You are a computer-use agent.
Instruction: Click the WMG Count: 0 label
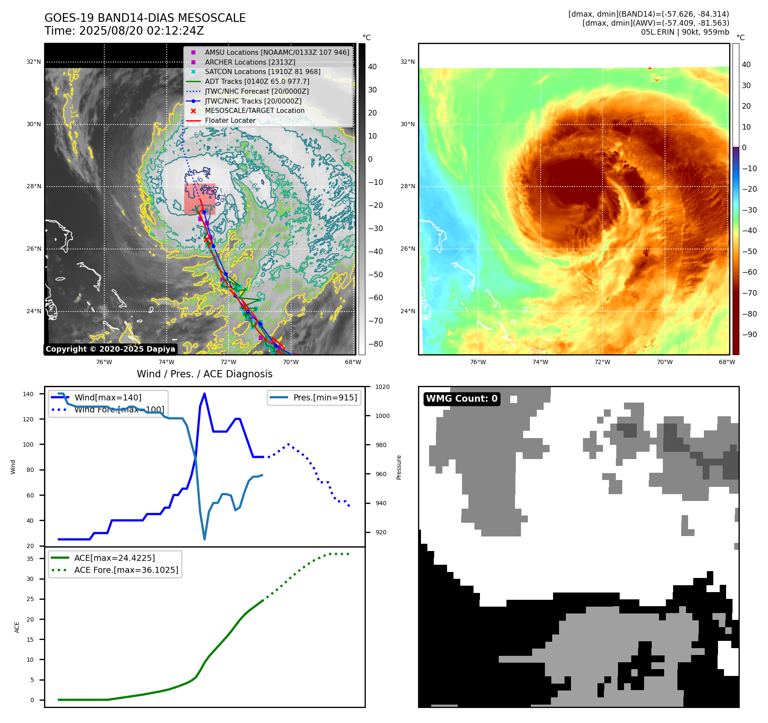pos(462,399)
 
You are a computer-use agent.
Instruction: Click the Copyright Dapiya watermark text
pos(110,349)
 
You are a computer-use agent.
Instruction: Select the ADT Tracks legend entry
pos(257,81)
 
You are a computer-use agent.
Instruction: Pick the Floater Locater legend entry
pos(230,120)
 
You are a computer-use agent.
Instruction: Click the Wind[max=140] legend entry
pos(108,397)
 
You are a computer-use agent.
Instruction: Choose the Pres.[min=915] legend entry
pos(325,397)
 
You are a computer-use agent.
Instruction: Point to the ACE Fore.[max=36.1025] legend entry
pos(126,570)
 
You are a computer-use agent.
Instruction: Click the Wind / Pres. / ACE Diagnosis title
pos(204,374)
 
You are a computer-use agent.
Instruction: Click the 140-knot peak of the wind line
pos(204,394)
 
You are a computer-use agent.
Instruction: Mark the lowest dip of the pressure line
pos(204,539)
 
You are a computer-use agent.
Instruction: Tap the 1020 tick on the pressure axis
pos(382,387)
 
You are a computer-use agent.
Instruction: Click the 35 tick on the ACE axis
pos(30,559)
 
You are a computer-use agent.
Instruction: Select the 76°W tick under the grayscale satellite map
pos(104,362)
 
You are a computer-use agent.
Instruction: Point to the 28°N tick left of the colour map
pos(408,187)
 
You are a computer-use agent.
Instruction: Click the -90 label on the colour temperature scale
pos(749,335)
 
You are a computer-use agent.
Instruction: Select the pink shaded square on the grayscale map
pos(200,199)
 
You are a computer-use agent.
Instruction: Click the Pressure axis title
pos(399,467)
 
